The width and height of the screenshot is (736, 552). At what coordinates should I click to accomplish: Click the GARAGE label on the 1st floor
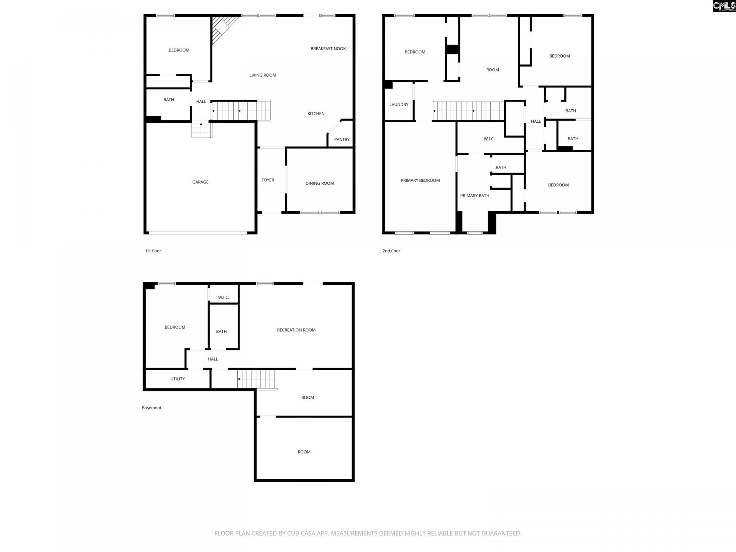coord(200,182)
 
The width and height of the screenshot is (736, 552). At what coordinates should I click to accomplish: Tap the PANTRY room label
coord(342,140)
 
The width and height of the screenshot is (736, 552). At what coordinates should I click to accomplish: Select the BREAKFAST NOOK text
coord(328,49)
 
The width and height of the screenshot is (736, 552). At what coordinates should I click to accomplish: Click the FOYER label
coord(268,180)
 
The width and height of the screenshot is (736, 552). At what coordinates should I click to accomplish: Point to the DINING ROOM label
coord(319,183)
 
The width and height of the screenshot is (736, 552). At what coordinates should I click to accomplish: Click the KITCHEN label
coord(316,113)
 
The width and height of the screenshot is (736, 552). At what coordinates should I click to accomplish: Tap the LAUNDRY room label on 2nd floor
coord(399,105)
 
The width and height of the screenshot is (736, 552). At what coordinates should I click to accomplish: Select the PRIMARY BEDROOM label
coord(420,181)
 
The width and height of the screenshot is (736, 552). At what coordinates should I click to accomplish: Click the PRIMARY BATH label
coord(475,196)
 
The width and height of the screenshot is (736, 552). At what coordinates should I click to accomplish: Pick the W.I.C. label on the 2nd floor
coord(489,139)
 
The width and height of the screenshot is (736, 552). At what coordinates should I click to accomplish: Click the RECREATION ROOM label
coord(296,330)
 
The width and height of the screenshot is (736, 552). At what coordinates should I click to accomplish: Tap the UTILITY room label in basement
coord(177,379)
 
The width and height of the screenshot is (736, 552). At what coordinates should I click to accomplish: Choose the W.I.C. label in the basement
coord(223,297)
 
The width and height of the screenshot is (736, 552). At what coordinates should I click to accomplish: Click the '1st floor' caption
coord(153,251)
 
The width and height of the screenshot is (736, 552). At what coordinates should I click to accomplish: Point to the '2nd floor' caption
coord(391,251)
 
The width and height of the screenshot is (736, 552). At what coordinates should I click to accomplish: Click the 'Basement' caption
coord(151,408)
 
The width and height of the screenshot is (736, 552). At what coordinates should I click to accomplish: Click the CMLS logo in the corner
coord(724,6)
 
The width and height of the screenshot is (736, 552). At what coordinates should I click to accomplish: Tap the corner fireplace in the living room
coord(222,27)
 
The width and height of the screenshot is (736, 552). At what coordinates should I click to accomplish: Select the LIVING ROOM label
coord(263,75)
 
